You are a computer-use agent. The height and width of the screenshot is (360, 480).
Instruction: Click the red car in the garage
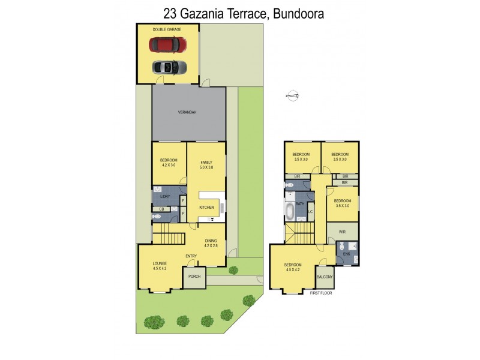click(x=168, y=44)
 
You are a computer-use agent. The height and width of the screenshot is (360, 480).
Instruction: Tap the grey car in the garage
click(x=168, y=67)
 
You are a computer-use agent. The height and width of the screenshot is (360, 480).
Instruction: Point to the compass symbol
click(x=293, y=95)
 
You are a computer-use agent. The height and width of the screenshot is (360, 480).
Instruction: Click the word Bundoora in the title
click(x=299, y=13)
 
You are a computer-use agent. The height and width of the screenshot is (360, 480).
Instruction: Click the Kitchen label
click(x=206, y=208)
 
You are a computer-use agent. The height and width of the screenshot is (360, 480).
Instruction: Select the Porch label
click(x=194, y=276)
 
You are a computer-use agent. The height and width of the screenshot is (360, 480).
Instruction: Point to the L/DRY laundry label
click(x=166, y=197)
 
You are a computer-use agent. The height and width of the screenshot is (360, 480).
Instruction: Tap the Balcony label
click(x=325, y=277)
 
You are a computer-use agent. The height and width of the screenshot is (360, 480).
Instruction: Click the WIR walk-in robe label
click(x=341, y=231)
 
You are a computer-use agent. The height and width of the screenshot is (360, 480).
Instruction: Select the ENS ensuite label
click(x=346, y=254)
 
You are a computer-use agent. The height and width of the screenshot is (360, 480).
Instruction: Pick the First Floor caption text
click(x=321, y=293)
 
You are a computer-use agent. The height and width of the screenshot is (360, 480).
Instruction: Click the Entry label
click(x=191, y=257)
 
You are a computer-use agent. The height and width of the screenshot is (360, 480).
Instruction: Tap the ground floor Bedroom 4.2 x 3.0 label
click(x=169, y=163)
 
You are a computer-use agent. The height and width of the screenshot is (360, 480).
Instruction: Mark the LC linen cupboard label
click(x=310, y=212)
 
